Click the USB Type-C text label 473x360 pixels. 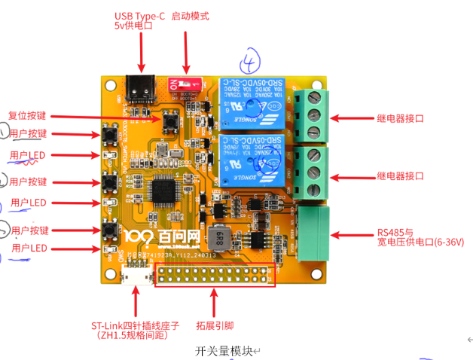coord(139,15)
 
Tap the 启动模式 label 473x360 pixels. coord(190,16)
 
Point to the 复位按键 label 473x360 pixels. coord(27,116)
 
